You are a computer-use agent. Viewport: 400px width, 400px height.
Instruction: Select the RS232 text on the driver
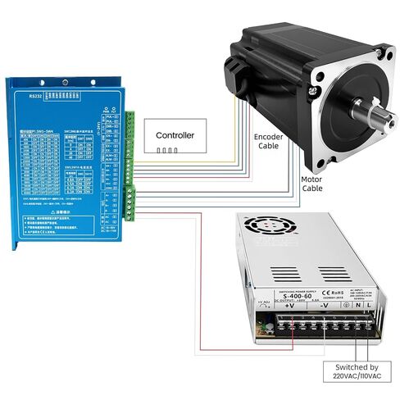[x=33, y=95]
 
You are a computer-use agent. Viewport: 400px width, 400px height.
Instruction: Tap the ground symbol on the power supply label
[x=348, y=306]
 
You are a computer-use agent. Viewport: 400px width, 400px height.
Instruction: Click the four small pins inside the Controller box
[x=167, y=150]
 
